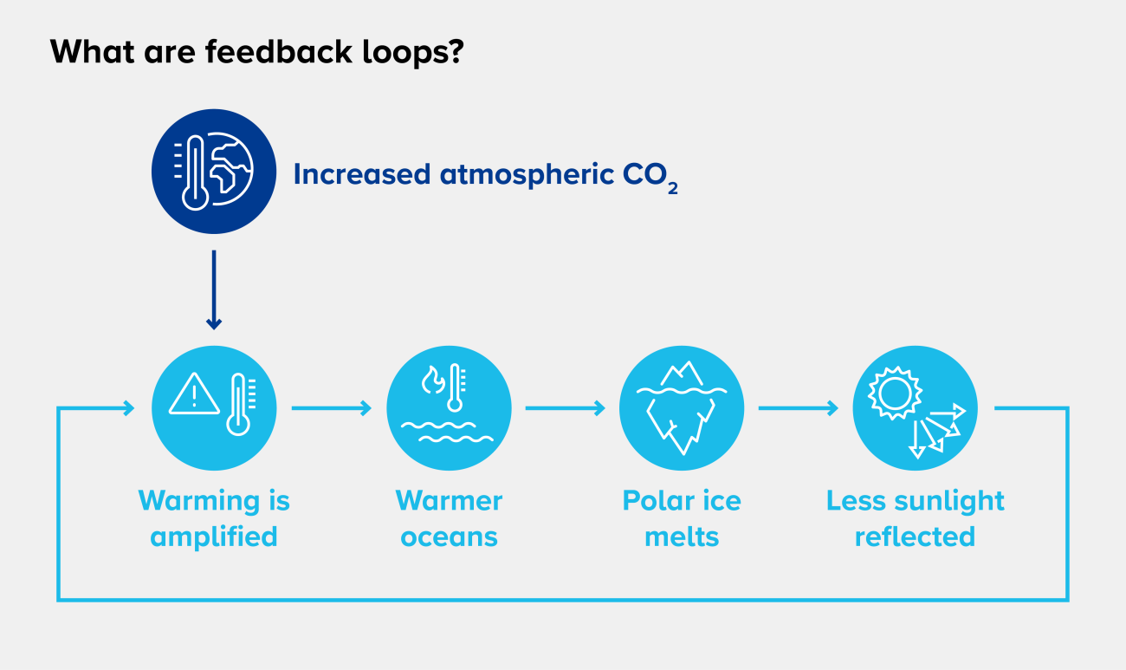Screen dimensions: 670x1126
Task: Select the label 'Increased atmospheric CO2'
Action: (x=485, y=174)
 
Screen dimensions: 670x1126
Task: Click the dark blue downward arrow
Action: (x=214, y=290)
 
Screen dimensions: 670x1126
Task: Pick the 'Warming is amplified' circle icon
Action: (x=214, y=408)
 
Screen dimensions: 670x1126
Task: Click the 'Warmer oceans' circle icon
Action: (x=449, y=408)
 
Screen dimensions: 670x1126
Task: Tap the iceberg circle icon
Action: (x=682, y=408)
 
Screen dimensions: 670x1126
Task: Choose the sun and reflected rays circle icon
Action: (x=915, y=408)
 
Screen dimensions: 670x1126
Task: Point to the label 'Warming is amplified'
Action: (x=214, y=518)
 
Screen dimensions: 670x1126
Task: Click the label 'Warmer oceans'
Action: (x=449, y=518)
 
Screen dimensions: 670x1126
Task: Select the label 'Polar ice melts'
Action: (x=682, y=518)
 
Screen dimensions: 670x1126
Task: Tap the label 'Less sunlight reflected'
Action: (x=915, y=518)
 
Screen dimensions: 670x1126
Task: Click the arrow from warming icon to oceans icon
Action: (x=331, y=407)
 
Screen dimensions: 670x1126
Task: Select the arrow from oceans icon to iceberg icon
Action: (x=565, y=407)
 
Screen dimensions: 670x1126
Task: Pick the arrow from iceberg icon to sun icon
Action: (x=798, y=407)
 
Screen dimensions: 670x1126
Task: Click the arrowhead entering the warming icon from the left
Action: (x=128, y=407)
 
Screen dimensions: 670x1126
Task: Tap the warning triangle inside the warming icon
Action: (x=194, y=395)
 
